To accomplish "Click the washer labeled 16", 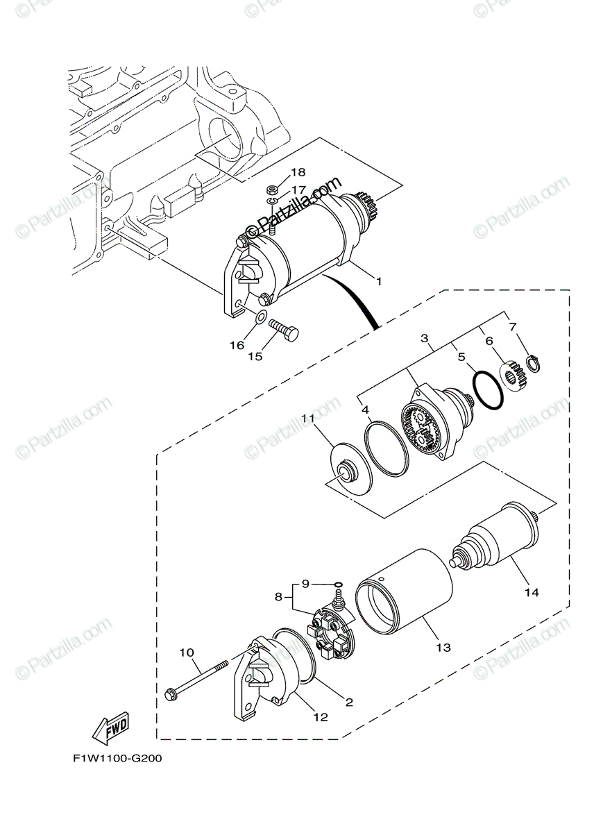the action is click(259, 318).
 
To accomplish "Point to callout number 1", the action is click(379, 281).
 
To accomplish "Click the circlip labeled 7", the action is click(534, 362).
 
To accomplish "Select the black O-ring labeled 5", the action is click(487, 391).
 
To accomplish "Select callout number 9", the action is click(305, 582).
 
